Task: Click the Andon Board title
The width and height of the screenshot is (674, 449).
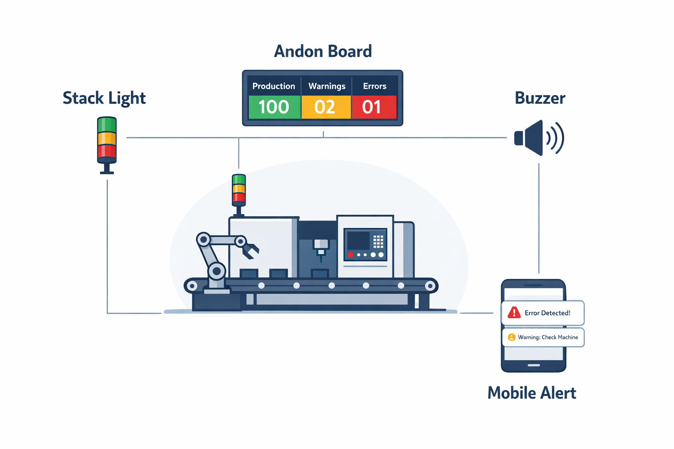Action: click(x=323, y=51)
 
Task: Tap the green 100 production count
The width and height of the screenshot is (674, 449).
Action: click(x=274, y=107)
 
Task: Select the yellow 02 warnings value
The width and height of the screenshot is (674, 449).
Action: click(x=325, y=107)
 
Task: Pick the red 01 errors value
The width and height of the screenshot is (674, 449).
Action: click(x=372, y=107)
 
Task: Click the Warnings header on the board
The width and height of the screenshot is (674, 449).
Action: click(x=326, y=86)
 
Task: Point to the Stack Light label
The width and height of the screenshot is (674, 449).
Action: click(x=104, y=98)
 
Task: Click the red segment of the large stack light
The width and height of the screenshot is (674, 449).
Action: click(x=107, y=152)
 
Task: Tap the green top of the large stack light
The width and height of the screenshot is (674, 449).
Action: click(x=107, y=125)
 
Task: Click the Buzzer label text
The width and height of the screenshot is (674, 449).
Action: click(x=540, y=98)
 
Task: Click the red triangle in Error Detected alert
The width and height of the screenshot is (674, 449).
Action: click(x=514, y=313)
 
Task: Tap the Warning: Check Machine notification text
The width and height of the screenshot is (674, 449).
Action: click(x=548, y=337)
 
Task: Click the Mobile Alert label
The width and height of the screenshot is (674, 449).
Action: click(x=531, y=393)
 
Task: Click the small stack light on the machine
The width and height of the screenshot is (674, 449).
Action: click(x=239, y=189)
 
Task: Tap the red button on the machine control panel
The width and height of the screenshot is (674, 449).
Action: click(x=351, y=255)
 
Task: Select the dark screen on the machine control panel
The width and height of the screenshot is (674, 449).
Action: click(x=359, y=240)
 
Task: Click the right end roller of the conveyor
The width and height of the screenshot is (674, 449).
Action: click(x=430, y=286)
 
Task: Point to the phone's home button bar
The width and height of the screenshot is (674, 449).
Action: click(x=534, y=365)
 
